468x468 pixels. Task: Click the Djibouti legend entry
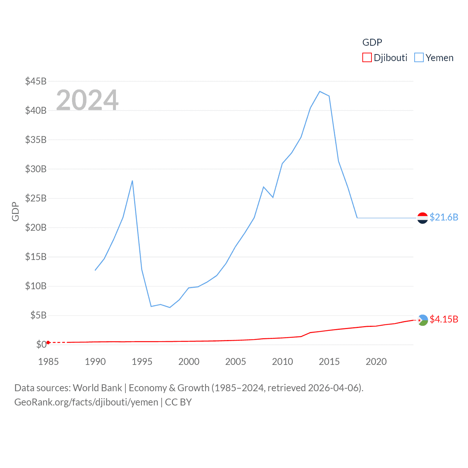point(385,58)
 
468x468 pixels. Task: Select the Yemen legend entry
point(434,58)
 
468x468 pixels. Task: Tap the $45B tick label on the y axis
point(36,81)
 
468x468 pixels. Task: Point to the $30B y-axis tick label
point(36,169)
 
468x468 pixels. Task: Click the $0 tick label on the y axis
point(41,344)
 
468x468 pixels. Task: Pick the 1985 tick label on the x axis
point(48,362)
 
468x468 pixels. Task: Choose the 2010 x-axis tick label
point(282,362)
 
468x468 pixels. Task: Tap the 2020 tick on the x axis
point(376,362)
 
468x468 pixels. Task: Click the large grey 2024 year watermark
point(87,100)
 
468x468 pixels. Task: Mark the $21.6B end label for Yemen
point(444,217)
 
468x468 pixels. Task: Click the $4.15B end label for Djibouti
point(444,319)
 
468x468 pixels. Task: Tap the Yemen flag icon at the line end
point(423,218)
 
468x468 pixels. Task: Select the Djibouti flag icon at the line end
point(423,320)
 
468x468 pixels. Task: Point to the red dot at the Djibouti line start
point(48,343)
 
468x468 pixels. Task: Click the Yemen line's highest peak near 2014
point(320,91)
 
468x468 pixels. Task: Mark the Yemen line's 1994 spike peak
point(132,181)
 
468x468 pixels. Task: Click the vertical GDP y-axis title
point(15,211)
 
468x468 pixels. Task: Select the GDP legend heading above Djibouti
point(372,42)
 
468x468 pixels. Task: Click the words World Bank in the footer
point(97,388)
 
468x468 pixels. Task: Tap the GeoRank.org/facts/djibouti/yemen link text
point(86,402)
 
